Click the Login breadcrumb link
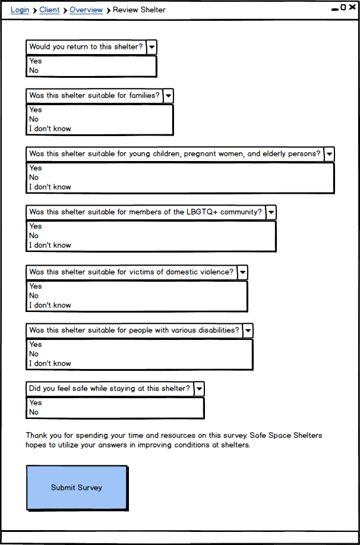(x=20, y=10)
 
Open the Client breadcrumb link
(x=49, y=10)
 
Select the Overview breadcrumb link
(x=86, y=10)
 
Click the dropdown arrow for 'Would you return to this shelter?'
(x=152, y=47)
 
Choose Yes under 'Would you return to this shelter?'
(x=36, y=61)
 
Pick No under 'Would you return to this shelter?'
(x=34, y=71)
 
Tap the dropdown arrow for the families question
(x=169, y=96)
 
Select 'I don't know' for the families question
(x=50, y=129)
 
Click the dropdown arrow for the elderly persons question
(x=329, y=154)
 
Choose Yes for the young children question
(x=36, y=168)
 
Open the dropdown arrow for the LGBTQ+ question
(x=271, y=212)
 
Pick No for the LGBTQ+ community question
(x=34, y=236)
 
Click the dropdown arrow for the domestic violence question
(x=242, y=272)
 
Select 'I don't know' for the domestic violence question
(x=50, y=305)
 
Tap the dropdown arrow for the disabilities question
(x=248, y=330)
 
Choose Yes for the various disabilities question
(x=36, y=345)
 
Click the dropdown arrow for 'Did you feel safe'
(x=199, y=389)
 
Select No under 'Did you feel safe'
(x=34, y=412)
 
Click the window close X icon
(x=352, y=8)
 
